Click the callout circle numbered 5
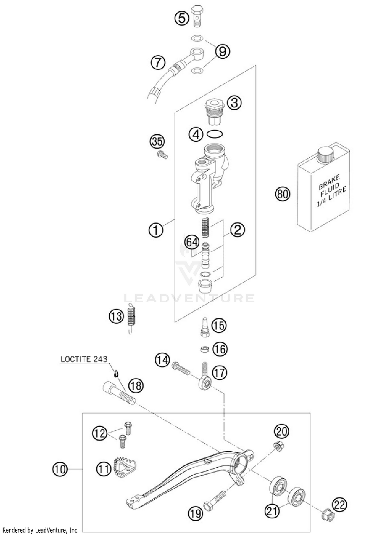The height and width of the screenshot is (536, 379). (x=182, y=18)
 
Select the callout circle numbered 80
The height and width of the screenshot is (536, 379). (x=282, y=194)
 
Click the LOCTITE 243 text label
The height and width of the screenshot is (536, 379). (x=84, y=359)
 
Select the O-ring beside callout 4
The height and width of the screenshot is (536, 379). (x=215, y=134)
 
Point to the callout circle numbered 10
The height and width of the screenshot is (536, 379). (x=60, y=469)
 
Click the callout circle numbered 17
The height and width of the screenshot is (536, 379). (x=219, y=372)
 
